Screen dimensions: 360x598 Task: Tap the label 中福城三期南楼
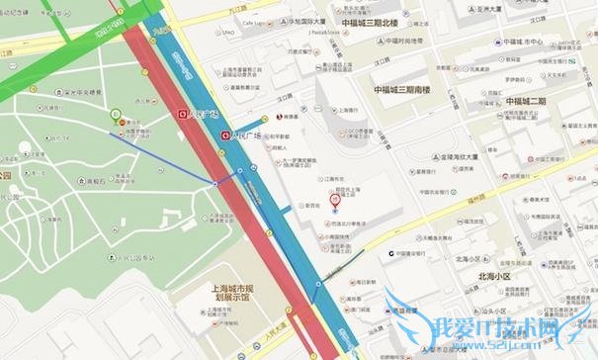[x=403, y=89]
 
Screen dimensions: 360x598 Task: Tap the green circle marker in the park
[x=117, y=113]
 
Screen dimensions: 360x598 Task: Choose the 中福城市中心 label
[x=524, y=42]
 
